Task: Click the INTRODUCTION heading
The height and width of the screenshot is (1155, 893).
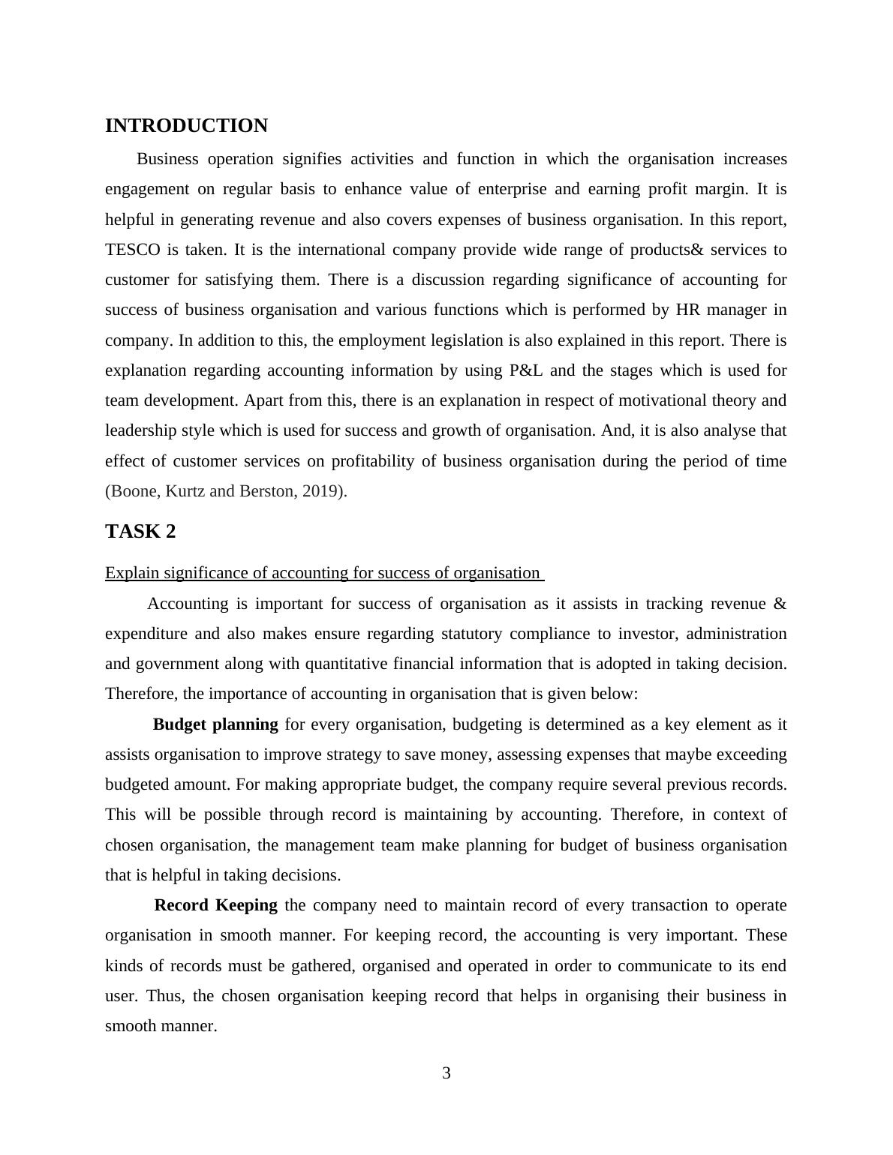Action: coord(186,126)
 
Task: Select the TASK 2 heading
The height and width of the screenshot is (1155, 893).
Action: coord(140,532)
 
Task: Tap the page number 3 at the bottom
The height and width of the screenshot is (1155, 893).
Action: coord(446,1073)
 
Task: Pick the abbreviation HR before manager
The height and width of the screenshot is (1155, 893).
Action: coord(688,310)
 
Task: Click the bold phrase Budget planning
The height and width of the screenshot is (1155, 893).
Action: coord(215,724)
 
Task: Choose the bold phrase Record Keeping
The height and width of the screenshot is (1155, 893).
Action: coord(216,905)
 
